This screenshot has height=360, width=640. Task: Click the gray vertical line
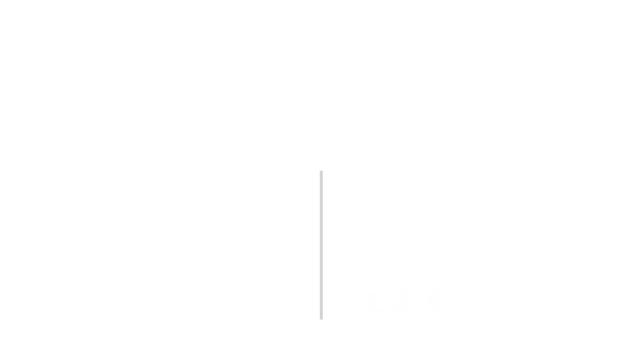tap(321, 245)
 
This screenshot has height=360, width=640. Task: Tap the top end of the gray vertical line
tap(321, 171)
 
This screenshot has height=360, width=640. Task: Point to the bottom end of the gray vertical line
tap(321, 318)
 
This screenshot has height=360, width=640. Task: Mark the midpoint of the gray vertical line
tap(321, 245)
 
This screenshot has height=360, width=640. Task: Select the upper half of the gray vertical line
tap(321, 208)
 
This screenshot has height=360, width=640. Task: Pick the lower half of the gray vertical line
tap(321, 282)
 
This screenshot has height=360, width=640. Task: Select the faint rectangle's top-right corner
tap(482, 289)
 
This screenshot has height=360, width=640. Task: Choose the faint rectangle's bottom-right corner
tap(482, 315)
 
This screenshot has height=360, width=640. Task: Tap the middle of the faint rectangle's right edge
tap(482, 302)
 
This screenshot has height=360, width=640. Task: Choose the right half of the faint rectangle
tap(452, 302)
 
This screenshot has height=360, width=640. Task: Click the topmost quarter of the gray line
tap(321, 189)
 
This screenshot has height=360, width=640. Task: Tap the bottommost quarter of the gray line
tap(321, 300)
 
